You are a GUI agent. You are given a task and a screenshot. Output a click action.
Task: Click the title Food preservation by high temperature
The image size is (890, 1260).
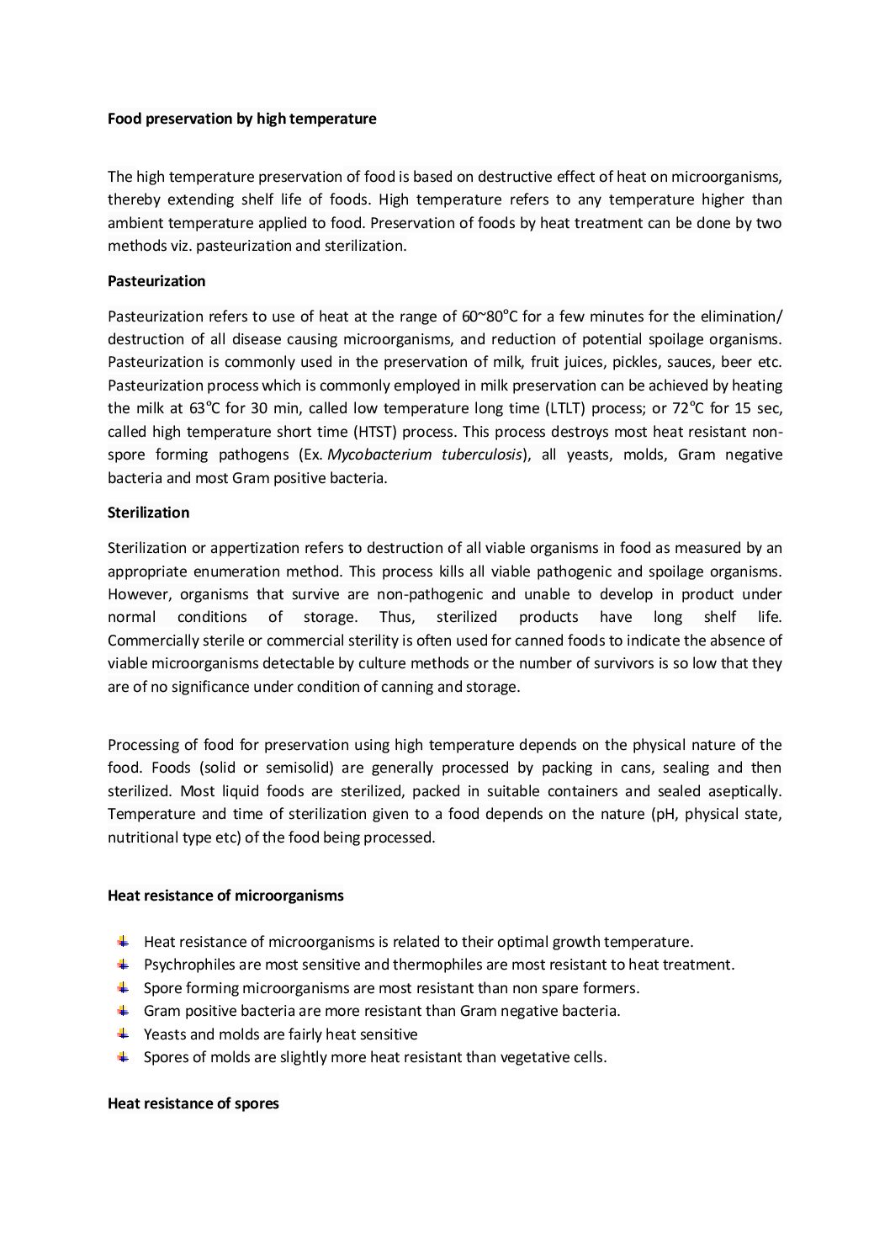(x=241, y=119)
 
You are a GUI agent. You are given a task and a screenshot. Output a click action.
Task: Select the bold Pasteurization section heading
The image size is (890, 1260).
(x=156, y=280)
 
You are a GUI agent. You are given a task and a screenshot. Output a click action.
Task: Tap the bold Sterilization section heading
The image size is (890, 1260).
(x=148, y=513)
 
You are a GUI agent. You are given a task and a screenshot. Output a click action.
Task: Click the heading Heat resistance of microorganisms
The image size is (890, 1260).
(x=225, y=896)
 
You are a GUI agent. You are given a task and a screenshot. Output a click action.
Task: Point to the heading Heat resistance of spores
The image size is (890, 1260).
(x=193, y=1103)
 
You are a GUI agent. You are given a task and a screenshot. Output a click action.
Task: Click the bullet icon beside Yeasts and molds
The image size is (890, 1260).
(x=123, y=1034)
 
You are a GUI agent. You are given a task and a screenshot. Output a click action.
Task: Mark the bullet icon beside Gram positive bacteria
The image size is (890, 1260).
(x=123, y=1010)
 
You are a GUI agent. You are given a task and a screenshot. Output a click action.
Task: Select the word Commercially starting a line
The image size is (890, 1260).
(x=150, y=641)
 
